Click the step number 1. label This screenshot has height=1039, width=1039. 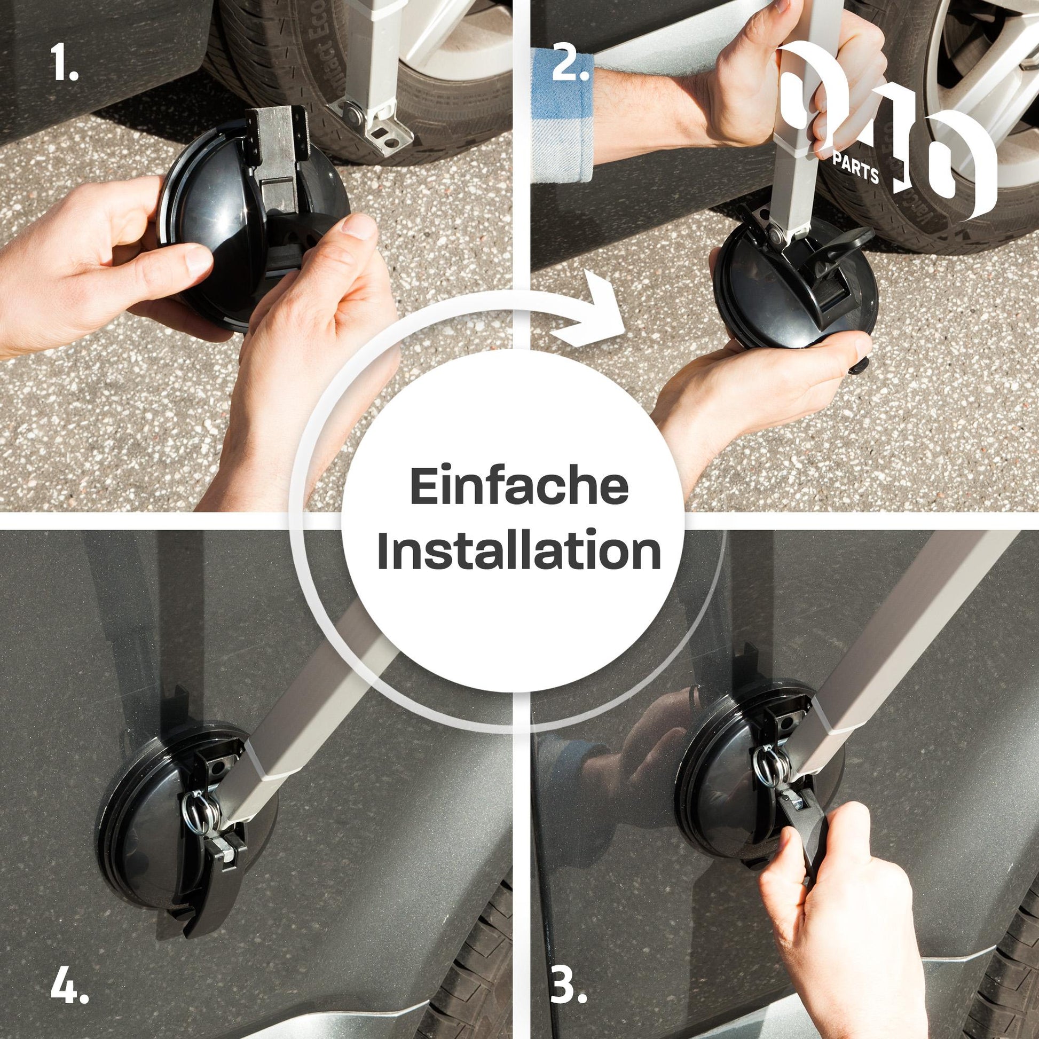tap(66, 63)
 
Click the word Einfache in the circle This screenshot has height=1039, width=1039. tap(519, 487)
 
